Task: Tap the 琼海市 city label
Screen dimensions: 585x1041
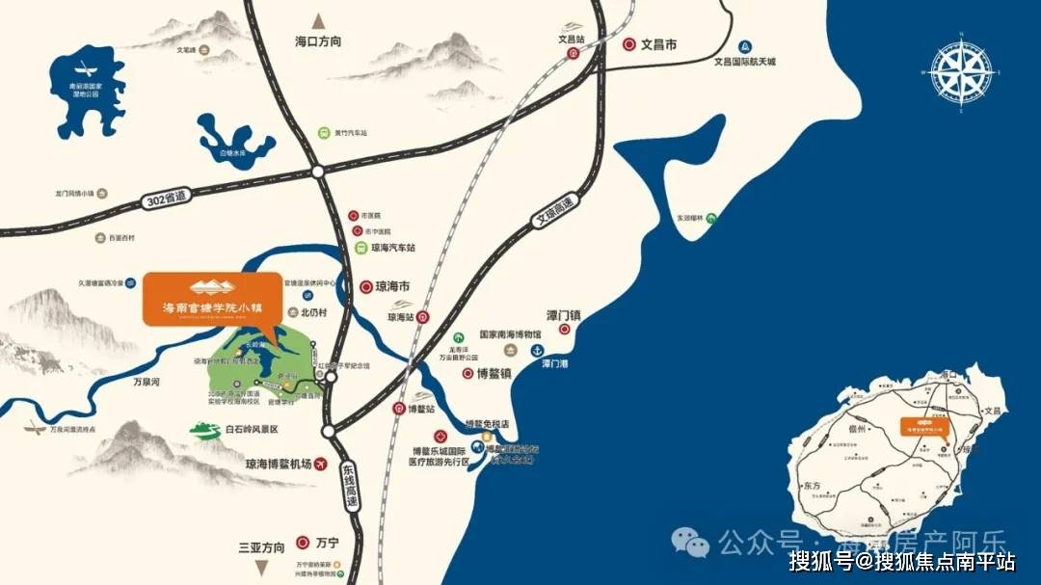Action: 392,286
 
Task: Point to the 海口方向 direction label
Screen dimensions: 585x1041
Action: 318,42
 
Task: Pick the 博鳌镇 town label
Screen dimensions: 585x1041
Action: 494,373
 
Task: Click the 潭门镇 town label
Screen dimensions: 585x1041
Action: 565,315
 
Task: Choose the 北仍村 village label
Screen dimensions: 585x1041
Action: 314,312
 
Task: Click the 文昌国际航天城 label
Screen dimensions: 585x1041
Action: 744,62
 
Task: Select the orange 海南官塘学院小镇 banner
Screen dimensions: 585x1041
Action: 208,299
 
